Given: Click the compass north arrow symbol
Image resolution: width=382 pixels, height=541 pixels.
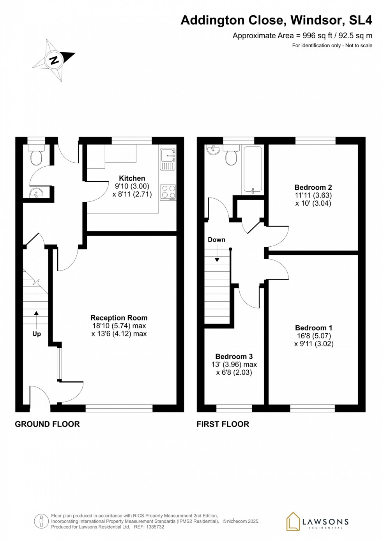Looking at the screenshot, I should [54, 60].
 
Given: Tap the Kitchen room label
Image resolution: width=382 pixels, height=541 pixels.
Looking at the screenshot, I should [132, 178].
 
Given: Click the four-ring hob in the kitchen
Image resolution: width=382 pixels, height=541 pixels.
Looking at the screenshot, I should [168, 192].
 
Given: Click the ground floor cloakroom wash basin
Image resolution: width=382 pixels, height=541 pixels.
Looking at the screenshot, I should [37, 193].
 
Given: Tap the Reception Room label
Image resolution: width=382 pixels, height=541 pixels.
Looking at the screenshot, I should [119, 318].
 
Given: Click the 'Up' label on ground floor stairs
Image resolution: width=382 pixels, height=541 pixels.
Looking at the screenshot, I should [37, 334].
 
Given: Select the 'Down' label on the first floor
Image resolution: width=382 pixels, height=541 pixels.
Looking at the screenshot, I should [216, 240].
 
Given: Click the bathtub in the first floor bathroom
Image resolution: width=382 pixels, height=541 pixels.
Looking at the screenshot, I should [253, 169].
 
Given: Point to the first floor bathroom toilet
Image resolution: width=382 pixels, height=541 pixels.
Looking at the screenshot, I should [231, 157].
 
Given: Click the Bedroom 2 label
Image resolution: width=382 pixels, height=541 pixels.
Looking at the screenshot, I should [313, 187].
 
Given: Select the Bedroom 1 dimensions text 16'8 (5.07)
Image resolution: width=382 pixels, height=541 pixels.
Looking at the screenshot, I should [314, 336].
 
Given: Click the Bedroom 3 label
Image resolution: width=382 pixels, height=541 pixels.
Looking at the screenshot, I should [234, 356].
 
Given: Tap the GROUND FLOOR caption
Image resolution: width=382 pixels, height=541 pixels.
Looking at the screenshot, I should [47, 424].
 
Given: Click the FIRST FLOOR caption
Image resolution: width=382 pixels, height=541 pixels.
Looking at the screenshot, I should [223, 424].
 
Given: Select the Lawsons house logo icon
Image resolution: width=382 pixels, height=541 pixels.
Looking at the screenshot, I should [293, 521].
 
